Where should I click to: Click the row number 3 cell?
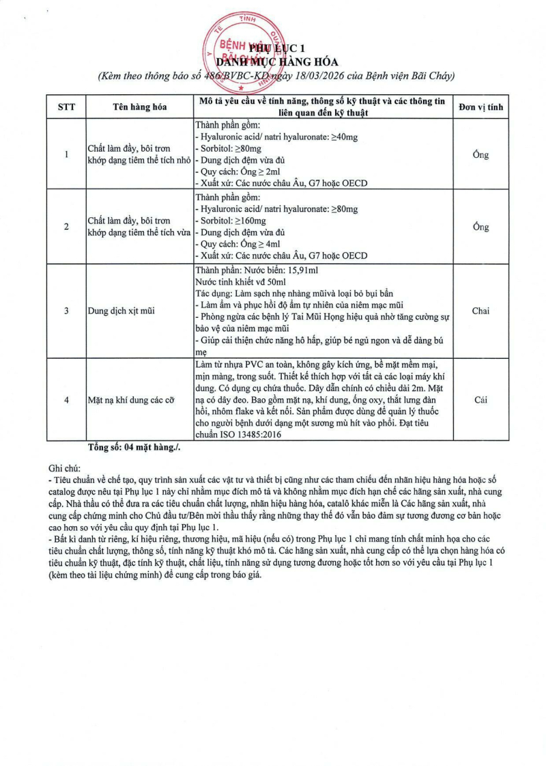[x=66, y=311]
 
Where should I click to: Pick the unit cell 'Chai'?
[x=480, y=311]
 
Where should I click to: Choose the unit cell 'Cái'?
[x=480, y=400]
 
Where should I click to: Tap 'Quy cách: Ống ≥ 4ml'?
[x=238, y=244]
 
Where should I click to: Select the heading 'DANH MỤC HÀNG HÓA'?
[x=291, y=62]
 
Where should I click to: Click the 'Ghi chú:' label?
[x=65, y=469]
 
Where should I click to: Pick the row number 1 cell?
[x=66, y=154]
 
